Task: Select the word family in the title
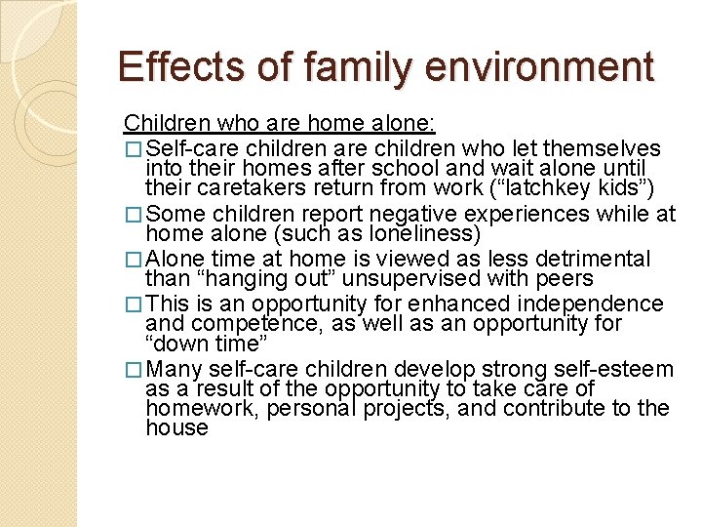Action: (344, 67)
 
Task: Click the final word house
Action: (176, 427)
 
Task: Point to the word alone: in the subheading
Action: (403, 124)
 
